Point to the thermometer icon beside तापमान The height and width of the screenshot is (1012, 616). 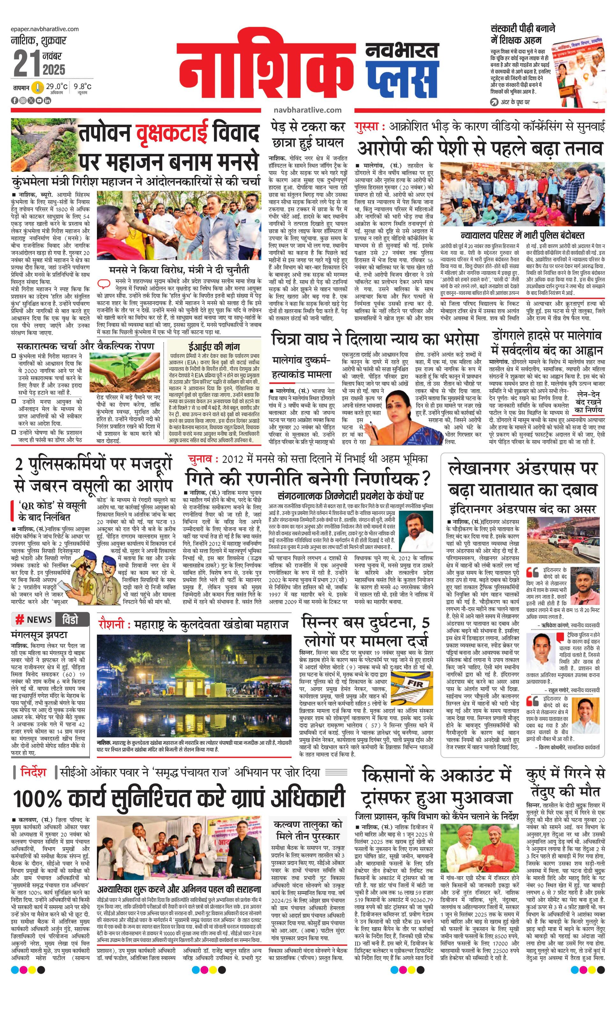38,87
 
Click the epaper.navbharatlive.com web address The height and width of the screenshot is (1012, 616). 45,29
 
